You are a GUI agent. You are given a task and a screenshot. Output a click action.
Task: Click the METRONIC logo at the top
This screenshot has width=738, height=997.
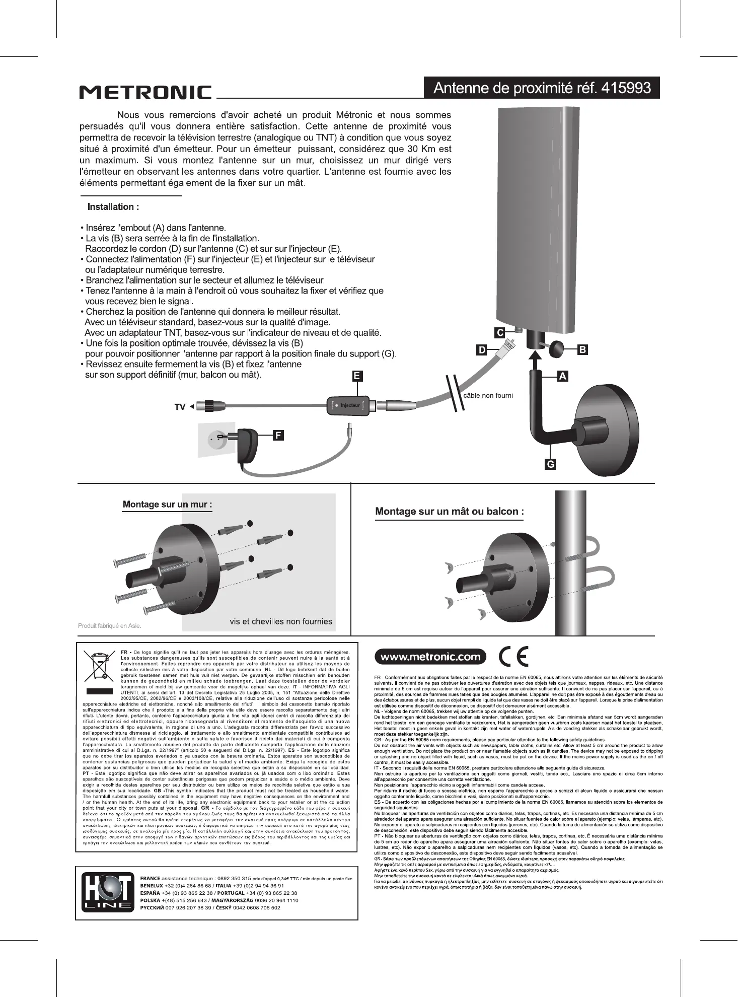coord(145,93)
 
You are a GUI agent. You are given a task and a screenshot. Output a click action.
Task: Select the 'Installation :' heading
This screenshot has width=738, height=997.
coord(113,207)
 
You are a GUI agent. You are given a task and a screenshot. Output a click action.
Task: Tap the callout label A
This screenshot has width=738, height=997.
coord(562,376)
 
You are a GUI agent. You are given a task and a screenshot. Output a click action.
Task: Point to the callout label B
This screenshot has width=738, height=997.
coord(582,349)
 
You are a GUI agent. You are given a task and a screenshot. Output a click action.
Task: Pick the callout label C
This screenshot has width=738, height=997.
coord(499,332)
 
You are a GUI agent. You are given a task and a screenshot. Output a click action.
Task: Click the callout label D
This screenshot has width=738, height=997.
coord(482,350)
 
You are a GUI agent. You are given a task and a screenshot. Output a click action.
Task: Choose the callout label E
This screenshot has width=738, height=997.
coord(357,376)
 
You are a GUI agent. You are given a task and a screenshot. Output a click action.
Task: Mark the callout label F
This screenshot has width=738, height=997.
coord(278,435)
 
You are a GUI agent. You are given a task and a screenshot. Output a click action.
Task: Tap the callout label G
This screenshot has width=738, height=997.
coord(551,464)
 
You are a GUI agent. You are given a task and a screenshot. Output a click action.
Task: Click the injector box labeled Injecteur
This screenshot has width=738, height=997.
coord(348,405)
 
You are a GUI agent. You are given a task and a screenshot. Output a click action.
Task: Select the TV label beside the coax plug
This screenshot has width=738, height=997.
coord(180,407)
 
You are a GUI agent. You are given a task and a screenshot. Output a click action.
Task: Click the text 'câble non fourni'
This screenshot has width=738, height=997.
coord(488,395)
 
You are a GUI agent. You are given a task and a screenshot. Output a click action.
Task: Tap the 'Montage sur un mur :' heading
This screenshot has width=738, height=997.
coord(167,505)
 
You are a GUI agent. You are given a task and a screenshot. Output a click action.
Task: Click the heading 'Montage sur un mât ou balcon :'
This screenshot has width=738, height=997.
coord(450,512)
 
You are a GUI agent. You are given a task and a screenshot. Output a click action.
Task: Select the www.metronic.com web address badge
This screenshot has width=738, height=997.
coord(430,657)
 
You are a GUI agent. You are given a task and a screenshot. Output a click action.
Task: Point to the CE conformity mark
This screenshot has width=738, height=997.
coord(513,657)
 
